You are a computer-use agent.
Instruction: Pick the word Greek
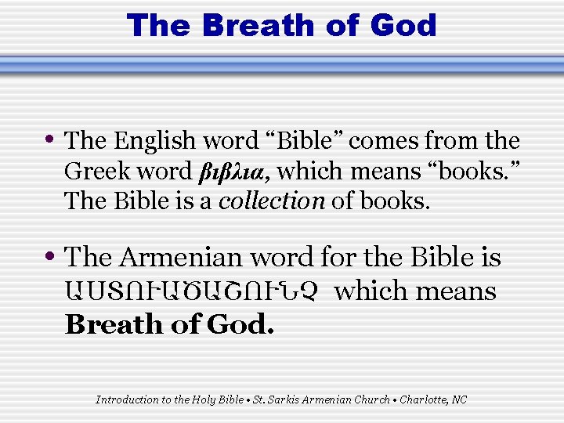pos(95,171)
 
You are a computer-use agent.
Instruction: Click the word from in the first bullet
pos(450,141)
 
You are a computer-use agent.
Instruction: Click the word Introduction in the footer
pos(125,399)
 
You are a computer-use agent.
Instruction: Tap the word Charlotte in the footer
pos(422,399)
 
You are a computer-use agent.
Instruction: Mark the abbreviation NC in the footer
pos(460,399)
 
